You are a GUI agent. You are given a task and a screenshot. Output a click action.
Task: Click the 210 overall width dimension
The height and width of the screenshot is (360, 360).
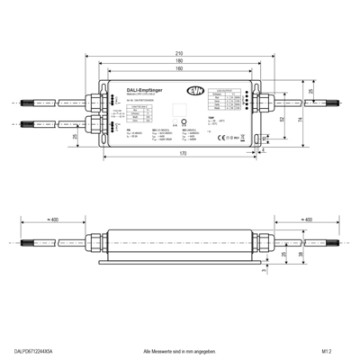point(180,52)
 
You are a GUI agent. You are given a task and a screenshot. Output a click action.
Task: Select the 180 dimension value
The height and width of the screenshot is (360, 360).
point(180,60)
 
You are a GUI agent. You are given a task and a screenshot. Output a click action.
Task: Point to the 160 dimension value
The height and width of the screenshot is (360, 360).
point(180,68)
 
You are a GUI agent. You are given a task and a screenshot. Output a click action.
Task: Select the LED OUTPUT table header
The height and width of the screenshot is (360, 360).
point(224,92)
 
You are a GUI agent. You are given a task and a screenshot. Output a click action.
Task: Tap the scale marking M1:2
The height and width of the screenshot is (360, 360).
point(327,350)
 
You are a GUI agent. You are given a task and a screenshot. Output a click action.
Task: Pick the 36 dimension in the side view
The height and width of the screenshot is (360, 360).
point(293,255)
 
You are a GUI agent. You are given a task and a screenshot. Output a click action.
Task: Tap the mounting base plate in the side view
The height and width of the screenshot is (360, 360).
point(180,262)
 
